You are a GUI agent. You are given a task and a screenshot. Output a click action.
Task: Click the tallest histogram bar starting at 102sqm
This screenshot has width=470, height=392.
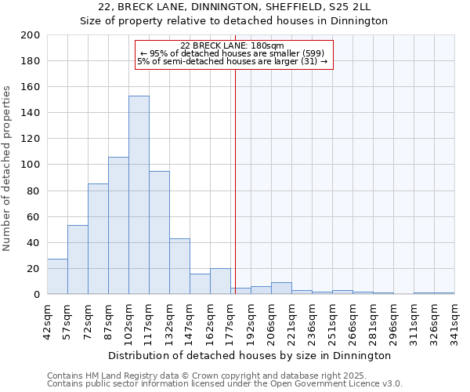[139, 195]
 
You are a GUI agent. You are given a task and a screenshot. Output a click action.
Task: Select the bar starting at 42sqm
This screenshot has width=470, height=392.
[57, 277]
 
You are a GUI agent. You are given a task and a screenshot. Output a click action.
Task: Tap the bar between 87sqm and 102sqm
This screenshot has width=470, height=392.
[118, 226]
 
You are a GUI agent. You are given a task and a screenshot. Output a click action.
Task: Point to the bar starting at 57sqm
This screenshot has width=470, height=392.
[78, 260]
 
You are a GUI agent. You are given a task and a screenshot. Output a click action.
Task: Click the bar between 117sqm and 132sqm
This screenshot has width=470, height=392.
[159, 233]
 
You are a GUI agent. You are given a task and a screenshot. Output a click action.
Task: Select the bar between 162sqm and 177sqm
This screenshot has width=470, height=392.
[220, 281]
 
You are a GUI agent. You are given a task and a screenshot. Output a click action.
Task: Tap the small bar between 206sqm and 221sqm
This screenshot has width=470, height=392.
[281, 289]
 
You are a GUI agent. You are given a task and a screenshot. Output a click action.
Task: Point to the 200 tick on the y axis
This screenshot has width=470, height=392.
[31, 35]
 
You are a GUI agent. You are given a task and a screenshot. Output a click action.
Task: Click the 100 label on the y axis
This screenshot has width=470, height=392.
[31, 165]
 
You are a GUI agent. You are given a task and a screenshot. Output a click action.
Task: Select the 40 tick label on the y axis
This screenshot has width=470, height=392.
[34, 242]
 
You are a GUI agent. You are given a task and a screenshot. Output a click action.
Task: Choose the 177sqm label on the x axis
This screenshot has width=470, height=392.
[230, 318]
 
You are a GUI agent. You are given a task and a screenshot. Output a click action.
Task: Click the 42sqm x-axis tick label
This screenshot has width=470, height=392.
[47, 317]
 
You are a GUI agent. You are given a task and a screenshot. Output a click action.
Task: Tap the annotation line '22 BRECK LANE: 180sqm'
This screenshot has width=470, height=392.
[232, 45]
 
